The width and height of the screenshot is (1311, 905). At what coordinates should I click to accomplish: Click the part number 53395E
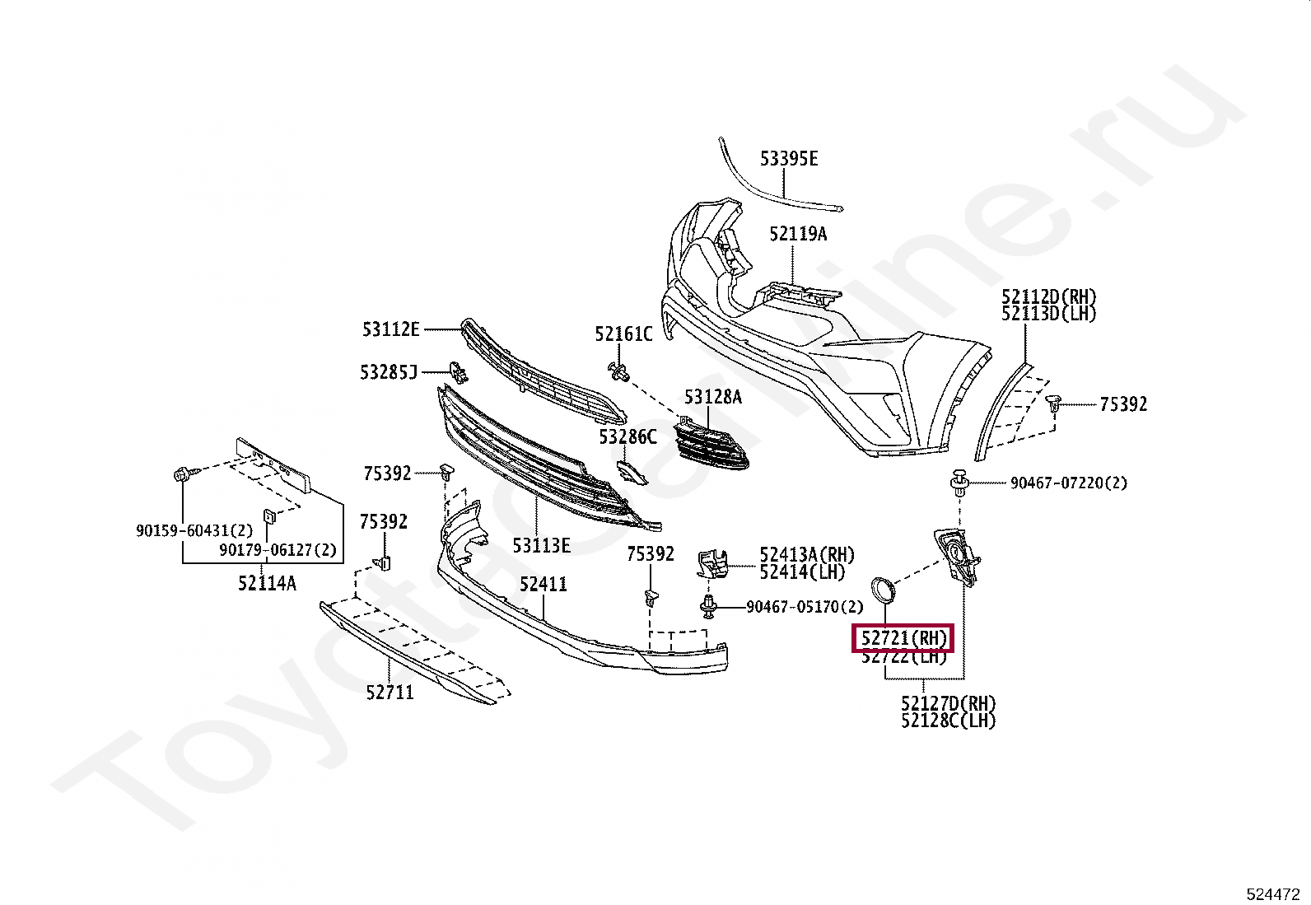[x=788, y=159]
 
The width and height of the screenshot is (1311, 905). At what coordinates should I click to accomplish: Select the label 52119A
[x=797, y=234]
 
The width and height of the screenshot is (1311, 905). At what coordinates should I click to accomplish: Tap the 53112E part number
[x=390, y=330]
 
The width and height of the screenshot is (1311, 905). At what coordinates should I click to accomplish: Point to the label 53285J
[x=389, y=372]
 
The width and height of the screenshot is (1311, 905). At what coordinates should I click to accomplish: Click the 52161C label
[x=623, y=334]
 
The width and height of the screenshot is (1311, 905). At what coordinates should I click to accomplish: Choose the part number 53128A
[x=712, y=398]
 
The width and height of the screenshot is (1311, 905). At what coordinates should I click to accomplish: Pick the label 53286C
[x=628, y=437]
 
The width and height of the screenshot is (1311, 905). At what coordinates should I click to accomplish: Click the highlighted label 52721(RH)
[x=903, y=638]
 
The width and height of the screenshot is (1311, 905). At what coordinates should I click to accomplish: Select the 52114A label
[x=267, y=583]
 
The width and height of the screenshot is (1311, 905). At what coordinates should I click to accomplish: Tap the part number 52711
[x=390, y=693]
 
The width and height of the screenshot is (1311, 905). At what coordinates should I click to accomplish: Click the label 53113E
[x=541, y=545]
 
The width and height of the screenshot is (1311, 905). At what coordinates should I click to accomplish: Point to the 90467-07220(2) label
[x=1068, y=483]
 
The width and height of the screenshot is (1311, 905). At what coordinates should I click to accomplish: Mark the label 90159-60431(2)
[x=194, y=531]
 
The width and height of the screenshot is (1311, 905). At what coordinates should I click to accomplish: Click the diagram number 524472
[x=1272, y=894]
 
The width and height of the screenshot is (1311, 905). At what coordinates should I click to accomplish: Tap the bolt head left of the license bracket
[x=182, y=474]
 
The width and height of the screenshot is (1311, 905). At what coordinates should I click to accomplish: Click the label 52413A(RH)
[x=806, y=555]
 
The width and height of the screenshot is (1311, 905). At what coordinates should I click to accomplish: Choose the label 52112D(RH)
[x=1048, y=297]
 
